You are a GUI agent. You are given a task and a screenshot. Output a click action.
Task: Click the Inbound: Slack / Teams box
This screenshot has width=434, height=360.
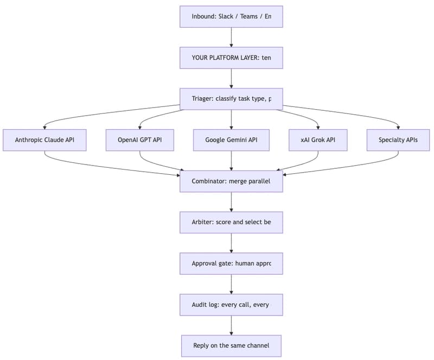tap(231, 16)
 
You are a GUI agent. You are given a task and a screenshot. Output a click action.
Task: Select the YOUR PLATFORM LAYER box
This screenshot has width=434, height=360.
tap(231, 58)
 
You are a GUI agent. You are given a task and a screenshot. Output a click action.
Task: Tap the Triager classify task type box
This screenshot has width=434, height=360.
tap(231, 99)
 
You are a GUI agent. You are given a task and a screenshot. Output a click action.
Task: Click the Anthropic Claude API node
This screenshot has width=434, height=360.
tap(44, 140)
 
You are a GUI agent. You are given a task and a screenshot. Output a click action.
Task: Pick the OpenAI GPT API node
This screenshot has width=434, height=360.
tap(140, 140)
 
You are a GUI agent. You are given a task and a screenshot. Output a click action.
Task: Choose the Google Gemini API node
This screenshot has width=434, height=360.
tap(231, 140)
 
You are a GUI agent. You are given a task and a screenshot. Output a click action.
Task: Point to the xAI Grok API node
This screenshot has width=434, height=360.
tap(318, 140)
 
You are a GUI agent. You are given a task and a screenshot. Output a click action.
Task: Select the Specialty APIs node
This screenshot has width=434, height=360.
tap(398, 140)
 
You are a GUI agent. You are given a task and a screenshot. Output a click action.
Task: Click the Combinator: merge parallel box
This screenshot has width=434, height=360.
tap(231, 181)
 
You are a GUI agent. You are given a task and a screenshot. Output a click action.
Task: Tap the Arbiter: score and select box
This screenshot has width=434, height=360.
tap(231, 222)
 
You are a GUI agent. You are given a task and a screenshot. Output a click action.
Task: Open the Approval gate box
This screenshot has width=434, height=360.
tap(231, 263)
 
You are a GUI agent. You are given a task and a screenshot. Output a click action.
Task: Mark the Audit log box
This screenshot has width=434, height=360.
tap(231, 305)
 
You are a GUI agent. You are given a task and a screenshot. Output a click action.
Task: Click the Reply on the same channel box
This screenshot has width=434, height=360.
tap(231, 345)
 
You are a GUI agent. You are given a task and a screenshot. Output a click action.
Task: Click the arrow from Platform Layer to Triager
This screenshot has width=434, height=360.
tap(232, 78)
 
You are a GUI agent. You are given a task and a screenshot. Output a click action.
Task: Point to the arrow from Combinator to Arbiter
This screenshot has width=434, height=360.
tap(232, 201)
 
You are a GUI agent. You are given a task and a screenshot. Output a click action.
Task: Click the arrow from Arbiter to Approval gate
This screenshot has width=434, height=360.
tap(232, 243)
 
